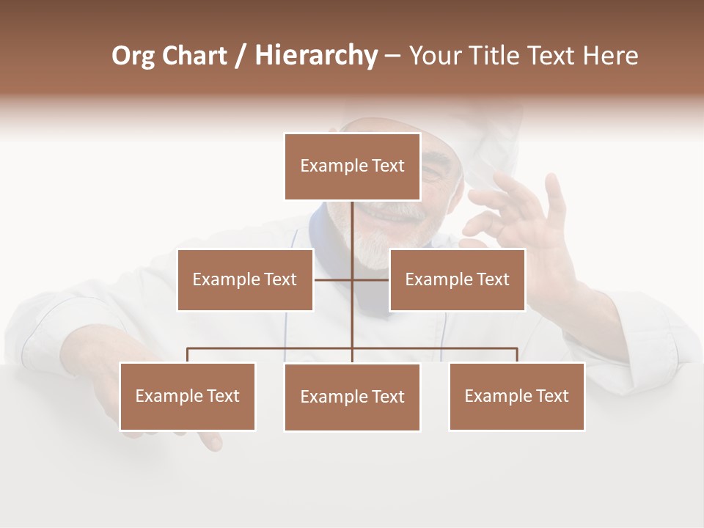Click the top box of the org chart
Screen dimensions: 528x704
click(x=352, y=166)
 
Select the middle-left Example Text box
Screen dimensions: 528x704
click(x=245, y=279)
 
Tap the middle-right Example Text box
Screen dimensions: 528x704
click(x=457, y=279)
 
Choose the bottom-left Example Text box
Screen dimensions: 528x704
click(x=187, y=396)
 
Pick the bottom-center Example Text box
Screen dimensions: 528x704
click(x=352, y=397)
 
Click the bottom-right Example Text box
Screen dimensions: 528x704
click(x=516, y=396)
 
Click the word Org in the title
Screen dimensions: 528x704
click(x=132, y=56)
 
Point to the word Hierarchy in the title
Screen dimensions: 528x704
click(x=316, y=56)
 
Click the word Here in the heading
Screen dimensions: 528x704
click(x=609, y=56)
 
